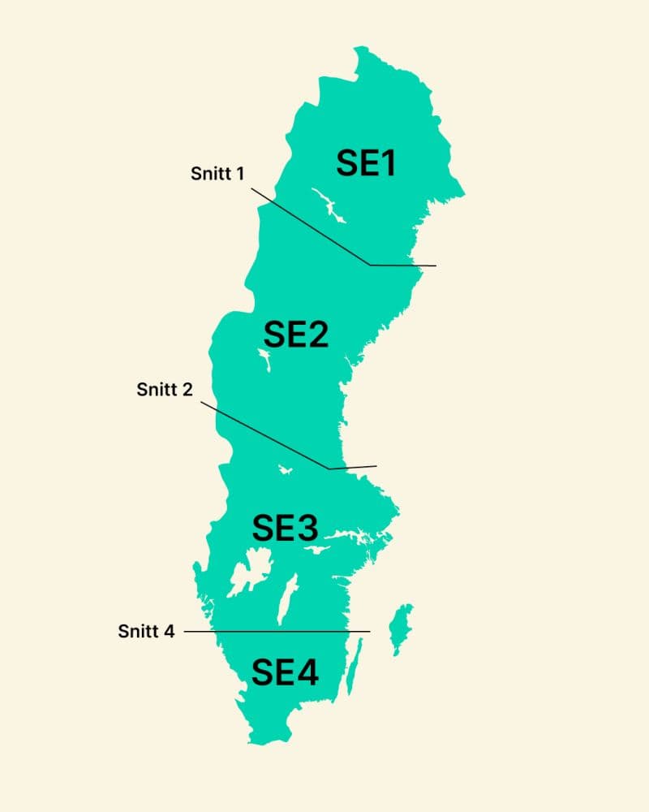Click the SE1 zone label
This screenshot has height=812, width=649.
click(x=366, y=164)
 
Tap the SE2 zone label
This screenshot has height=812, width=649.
click(x=296, y=334)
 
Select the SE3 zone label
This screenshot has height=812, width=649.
click(x=284, y=528)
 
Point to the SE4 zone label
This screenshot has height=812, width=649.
click(x=284, y=672)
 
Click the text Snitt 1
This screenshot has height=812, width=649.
click(x=217, y=174)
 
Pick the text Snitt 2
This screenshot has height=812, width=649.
click(x=165, y=390)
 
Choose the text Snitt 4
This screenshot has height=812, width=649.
click(x=146, y=631)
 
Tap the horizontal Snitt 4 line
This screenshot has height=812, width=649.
click(x=276, y=631)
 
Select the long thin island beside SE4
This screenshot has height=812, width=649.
click(x=355, y=666)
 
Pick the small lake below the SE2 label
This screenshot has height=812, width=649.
click(x=264, y=359)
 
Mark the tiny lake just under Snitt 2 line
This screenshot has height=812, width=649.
click(x=285, y=469)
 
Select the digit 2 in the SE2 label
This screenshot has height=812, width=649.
click(x=316, y=334)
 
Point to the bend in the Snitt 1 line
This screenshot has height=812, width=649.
click(x=370, y=265)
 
